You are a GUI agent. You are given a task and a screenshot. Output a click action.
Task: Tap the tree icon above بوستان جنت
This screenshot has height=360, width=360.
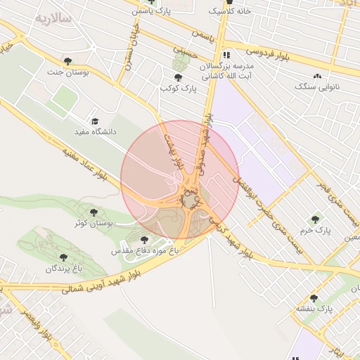coord(67,61)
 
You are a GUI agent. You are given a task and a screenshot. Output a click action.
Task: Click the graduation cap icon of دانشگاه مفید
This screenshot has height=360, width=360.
coord(96,121)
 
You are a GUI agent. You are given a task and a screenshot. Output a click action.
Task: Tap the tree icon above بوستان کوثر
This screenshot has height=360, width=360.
coord(94,212)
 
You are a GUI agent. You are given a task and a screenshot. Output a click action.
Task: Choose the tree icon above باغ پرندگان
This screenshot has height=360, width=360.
coord(65,258)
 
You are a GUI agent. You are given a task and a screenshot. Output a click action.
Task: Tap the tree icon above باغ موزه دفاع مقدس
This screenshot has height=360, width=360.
coord(145,240)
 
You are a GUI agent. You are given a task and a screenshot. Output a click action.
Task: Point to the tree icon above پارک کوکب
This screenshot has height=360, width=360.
coord(176,77)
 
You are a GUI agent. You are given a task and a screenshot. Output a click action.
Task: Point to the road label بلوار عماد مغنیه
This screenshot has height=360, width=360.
coord(85,166)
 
